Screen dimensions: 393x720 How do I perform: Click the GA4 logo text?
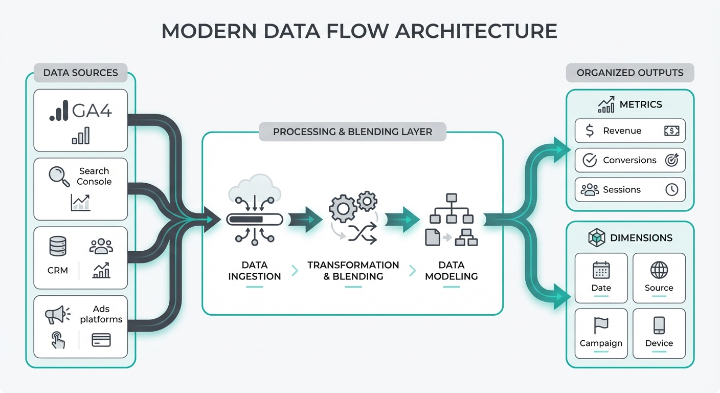(x=92, y=110)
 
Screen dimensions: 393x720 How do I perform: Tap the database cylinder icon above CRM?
(x=58, y=246)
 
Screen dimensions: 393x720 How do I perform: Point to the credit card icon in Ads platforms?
(x=101, y=340)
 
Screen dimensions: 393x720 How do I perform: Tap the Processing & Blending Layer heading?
(x=352, y=132)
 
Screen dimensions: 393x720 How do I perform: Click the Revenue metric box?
(x=629, y=131)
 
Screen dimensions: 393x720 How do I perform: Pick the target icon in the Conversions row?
(x=671, y=160)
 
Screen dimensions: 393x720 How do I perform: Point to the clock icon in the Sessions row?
(x=671, y=190)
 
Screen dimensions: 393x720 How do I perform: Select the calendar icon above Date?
(x=601, y=270)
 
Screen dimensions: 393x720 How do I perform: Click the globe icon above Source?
(x=659, y=270)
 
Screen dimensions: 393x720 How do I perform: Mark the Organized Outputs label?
(x=629, y=73)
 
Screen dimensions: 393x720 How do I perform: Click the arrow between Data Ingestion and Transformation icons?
(x=305, y=219)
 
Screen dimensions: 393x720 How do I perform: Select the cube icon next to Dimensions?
(x=596, y=238)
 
